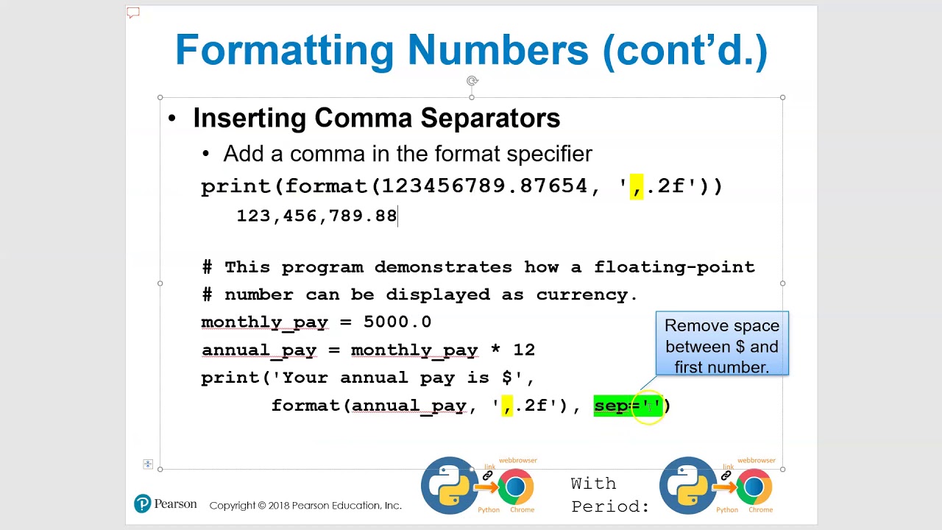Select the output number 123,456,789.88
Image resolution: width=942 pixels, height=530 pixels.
click(x=316, y=216)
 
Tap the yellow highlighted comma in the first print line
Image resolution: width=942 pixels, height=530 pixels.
click(x=636, y=186)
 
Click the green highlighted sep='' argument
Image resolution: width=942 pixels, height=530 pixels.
click(x=628, y=406)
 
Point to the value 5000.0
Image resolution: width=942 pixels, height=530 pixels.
click(x=397, y=322)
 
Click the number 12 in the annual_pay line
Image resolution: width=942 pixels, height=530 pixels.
click(x=524, y=350)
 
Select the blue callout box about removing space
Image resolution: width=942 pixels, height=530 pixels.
click(x=721, y=344)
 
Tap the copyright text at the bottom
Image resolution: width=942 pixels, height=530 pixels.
click(x=305, y=506)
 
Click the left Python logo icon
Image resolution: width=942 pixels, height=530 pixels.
click(x=448, y=485)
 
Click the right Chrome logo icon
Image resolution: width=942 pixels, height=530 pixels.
click(x=754, y=487)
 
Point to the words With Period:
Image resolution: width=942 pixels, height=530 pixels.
click(x=610, y=495)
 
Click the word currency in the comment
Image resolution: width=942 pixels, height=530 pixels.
click(x=581, y=294)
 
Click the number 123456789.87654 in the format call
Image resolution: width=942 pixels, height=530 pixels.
click(x=484, y=186)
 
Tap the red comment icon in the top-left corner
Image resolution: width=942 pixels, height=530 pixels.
click(x=133, y=13)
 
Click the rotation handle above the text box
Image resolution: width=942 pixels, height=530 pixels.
click(x=472, y=81)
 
